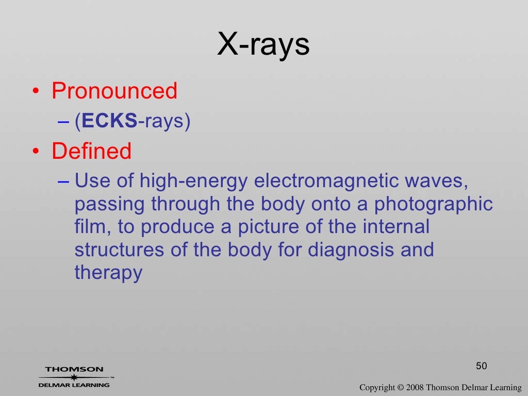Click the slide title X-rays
[263, 45]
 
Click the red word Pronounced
[114, 91]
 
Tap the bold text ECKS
[109, 121]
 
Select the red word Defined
[92, 152]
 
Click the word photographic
[434, 204]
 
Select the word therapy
[108, 273]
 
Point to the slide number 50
[481, 366]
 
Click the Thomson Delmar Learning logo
[74, 377]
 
